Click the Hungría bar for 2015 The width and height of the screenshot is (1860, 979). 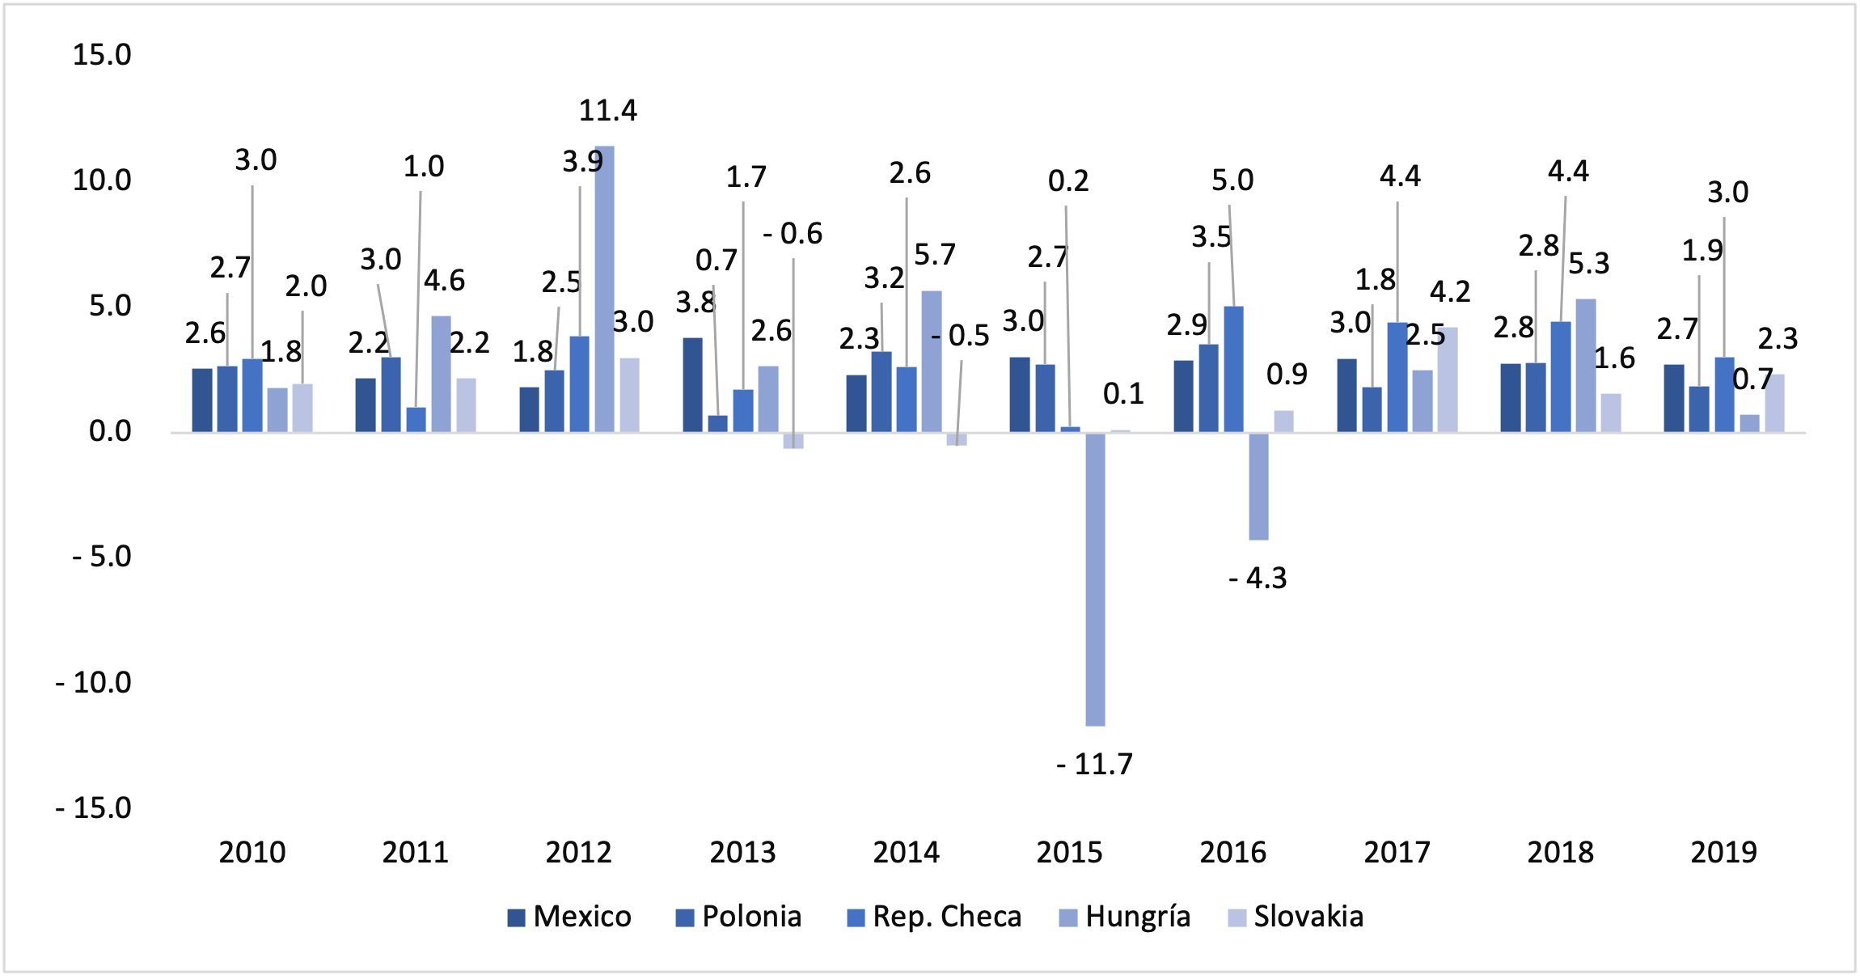coord(1095,578)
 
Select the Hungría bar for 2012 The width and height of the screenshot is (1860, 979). coord(604,289)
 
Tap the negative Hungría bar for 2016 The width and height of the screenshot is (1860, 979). coord(1258,485)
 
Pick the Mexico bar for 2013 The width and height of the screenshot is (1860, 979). coord(692,385)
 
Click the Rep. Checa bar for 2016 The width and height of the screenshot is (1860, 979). coord(1233,369)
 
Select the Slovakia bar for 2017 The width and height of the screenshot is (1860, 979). coord(1448,379)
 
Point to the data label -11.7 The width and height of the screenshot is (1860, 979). coord(1095,765)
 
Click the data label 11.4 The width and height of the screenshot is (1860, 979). coord(607,110)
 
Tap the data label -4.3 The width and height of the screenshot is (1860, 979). coord(1258,578)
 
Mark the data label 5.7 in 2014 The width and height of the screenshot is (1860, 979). coord(935,256)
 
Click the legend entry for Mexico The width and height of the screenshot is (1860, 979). coord(569,917)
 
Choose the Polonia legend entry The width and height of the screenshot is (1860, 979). coord(738,917)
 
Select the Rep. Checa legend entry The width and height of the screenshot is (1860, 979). coord(934,917)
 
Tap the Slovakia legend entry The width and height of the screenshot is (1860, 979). coord(1296,917)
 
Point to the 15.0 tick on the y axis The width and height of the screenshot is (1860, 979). coord(102,55)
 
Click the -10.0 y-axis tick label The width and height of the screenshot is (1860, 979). coord(93,683)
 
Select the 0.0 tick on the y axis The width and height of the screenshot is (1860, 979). coord(109,431)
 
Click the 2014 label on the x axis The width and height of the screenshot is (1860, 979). coord(906,853)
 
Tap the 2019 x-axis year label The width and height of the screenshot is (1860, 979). coord(1723,853)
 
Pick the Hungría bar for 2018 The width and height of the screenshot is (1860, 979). coord(1585,366)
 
